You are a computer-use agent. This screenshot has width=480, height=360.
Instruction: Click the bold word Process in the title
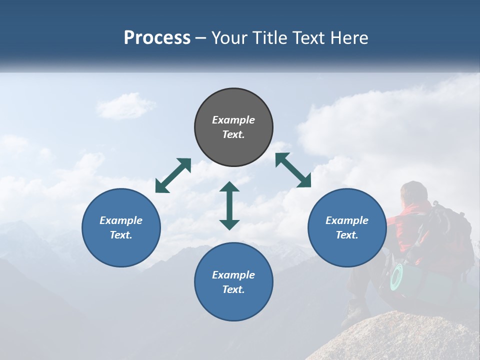[157, 38]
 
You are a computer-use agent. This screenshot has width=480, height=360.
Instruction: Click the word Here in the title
[350, 38]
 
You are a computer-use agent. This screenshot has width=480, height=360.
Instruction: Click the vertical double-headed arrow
[229, 206]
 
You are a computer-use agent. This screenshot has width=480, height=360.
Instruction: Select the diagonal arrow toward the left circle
[173, 175]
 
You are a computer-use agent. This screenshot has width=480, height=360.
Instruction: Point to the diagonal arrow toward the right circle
[293, 170]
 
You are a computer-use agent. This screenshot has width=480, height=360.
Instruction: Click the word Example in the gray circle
[233, 120]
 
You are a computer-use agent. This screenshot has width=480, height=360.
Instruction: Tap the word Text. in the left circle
[121, 235]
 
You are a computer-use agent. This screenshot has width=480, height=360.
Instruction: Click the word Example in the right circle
[347, 220]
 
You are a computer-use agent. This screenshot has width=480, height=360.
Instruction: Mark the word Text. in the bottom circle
[233, 289]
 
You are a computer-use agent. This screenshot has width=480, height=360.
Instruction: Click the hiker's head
[414, 192]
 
